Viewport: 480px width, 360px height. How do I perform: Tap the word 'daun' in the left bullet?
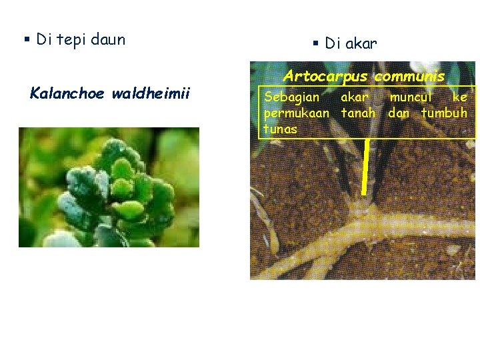(108, 40)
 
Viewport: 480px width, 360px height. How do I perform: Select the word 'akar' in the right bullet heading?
(361, 44)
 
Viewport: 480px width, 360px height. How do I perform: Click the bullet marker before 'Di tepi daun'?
(27, 40)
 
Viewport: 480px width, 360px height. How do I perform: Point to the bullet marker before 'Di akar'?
(316, 44)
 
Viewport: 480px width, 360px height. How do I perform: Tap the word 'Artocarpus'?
(326, 77)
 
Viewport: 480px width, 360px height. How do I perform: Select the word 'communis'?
(409, 77)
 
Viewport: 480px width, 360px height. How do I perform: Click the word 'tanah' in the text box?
(359, 113)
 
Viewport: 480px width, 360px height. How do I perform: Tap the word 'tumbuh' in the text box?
(444, 113)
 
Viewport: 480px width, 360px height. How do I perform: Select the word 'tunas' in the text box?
(280, 128)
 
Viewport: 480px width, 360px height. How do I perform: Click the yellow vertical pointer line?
(366, 167)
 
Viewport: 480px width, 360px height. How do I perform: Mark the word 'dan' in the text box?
(399, 113)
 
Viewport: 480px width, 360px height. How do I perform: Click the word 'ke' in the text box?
(460, 97)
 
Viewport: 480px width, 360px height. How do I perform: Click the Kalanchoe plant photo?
(109, 187)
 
